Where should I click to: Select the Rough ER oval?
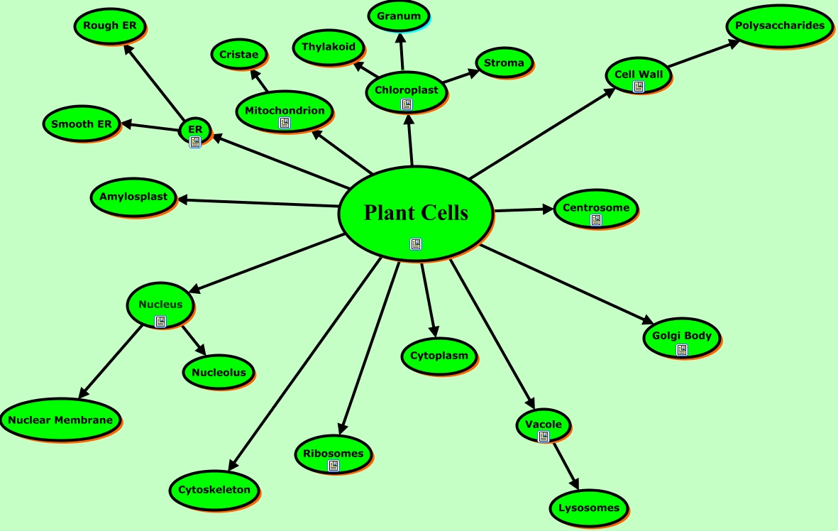tap(110, 26)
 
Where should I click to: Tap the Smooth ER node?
tap(82, 124)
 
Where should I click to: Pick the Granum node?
tap(399, 16)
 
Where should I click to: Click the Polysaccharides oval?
tap(780, 26)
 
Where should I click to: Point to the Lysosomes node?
tap(588, 508)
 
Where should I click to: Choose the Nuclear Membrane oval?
tap(60, 420)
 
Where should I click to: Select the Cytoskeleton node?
tap(214, 490)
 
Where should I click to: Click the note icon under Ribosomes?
tap(333, 466)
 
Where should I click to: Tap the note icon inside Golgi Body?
tap(682, 349)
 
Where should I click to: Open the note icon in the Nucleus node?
tap(161, 321)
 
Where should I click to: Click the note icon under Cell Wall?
tap(639, 87)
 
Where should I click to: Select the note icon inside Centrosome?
tap(596, 220)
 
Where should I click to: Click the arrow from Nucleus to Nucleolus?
tap(194, 341)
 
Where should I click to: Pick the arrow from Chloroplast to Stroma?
tap(462, 77)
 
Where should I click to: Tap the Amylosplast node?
tap(133, 197)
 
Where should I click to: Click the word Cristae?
tap(238, 54)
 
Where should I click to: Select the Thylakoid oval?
tap(329, 47)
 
